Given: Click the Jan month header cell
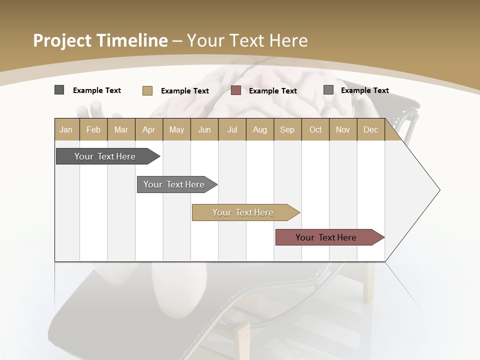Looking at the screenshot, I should pos(66,129).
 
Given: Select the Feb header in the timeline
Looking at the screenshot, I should pos(93,129).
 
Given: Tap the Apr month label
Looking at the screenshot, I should pos(148,129).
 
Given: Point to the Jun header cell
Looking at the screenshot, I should pos(204,129).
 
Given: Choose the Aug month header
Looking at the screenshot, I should pos(259,129).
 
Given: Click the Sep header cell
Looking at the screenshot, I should pos(287,129).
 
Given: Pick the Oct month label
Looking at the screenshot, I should pos(315,129).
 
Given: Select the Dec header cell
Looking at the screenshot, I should pos(370,129).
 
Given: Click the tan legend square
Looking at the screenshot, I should pos(147,90).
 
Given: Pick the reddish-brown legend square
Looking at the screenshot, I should pos(236,90).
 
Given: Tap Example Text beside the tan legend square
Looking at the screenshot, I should pos(185,91).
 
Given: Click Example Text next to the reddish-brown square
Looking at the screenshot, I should pos(273,91).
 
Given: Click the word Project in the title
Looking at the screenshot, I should pos(62,40).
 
